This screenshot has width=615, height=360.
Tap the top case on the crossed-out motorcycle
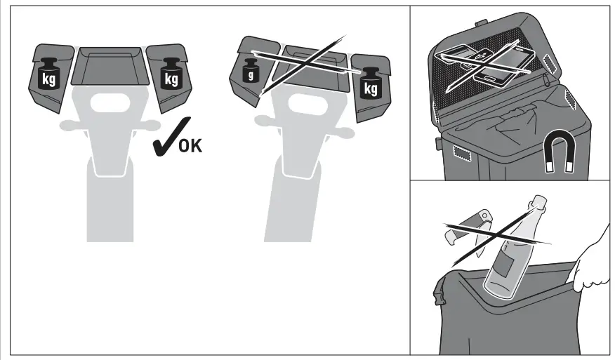coord(310,69)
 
